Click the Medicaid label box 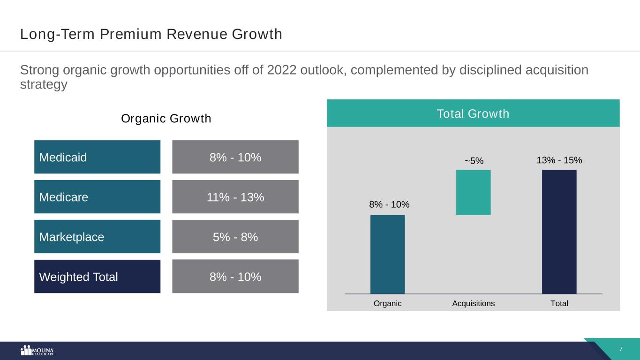97,157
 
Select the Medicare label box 97,197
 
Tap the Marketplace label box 97,237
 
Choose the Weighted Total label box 97,277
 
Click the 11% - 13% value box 235,197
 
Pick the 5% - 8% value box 235,237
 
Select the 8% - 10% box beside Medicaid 235,157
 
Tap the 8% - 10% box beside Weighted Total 235,277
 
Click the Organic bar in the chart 387,254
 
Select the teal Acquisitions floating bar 473,192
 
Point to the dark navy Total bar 559,232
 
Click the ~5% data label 474,161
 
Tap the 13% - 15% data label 559,160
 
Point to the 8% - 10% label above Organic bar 389,204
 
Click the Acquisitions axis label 473,303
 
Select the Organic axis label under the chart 387,303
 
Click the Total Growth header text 473,113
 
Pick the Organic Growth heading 166,119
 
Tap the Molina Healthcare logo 38,351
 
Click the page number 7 621,349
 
